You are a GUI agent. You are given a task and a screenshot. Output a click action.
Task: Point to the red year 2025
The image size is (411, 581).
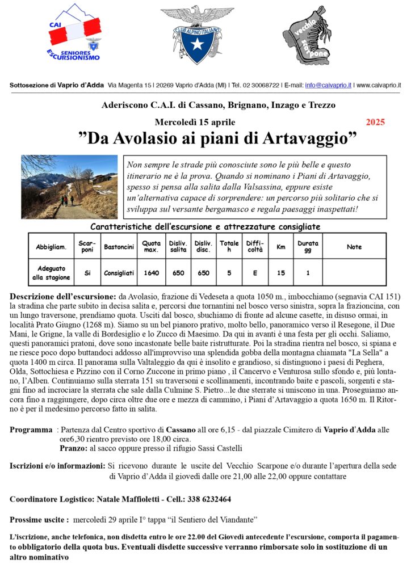coord(375,122)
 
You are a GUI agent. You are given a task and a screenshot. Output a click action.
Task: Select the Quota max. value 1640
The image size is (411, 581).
coord(152,273)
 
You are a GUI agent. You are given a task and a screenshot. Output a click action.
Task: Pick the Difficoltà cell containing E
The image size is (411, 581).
coord(255,273)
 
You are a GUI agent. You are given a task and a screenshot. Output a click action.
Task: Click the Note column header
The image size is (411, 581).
coord(354,247)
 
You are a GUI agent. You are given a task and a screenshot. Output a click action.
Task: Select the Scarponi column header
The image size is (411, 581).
coord(87,247)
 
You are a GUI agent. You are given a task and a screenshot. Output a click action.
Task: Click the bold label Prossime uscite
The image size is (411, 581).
coord(39,520)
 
